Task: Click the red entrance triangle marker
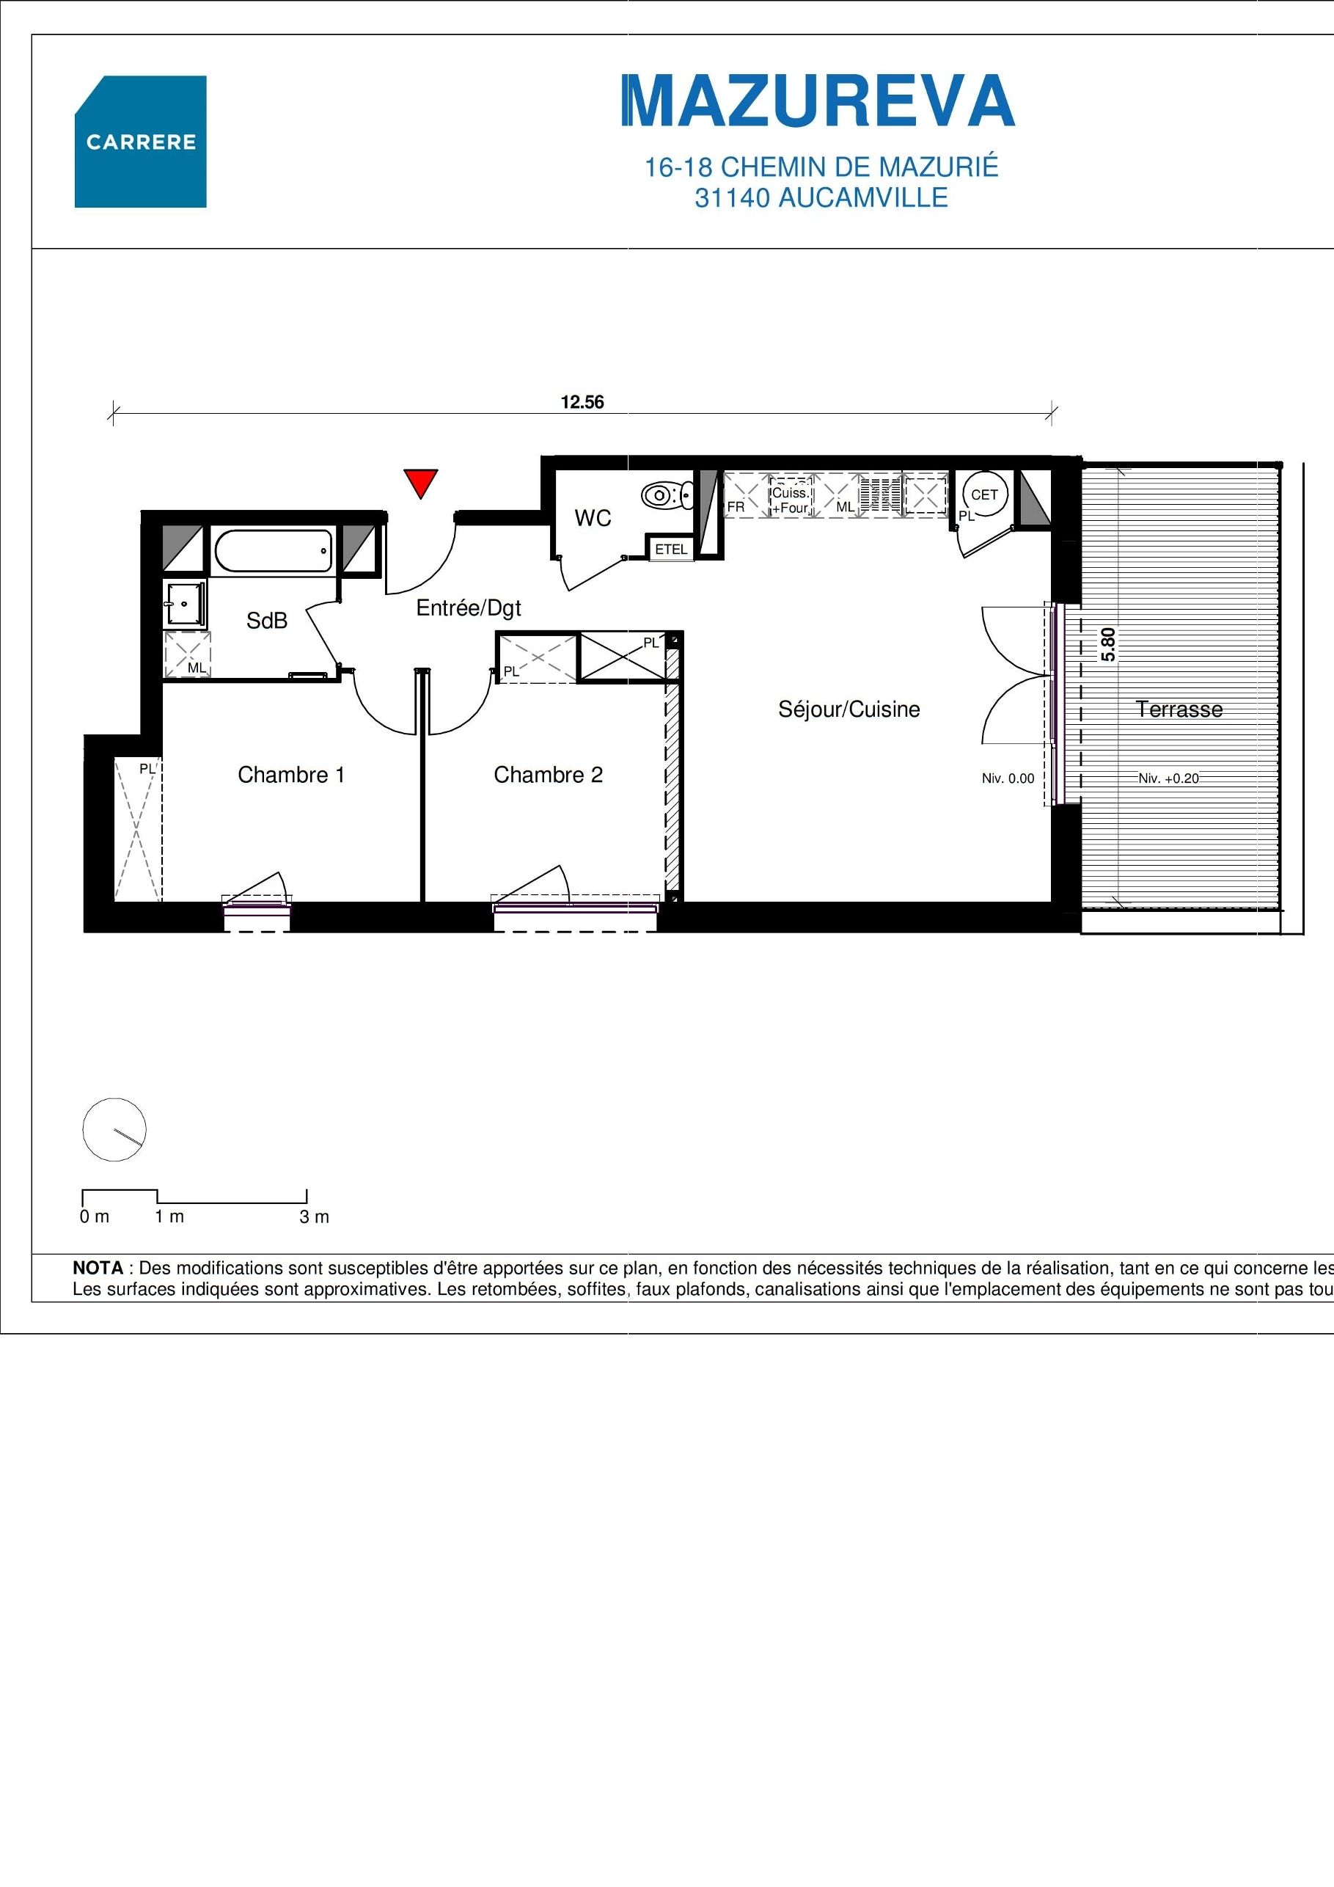[419, 481]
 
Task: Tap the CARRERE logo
[141, 142]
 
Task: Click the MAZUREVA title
[819, 101]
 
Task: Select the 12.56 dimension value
[582, 402]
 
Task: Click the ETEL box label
[670, 549]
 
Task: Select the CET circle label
[984, 494]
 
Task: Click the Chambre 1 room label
[291, 774]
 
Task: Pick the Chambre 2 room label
[548, 774]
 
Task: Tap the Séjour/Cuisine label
[849, 709]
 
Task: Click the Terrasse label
[1179, 709]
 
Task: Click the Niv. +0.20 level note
[1168, 778]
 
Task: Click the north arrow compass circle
[114, 1129]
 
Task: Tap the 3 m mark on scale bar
[314, 1217]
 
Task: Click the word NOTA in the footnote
[98, 1268]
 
